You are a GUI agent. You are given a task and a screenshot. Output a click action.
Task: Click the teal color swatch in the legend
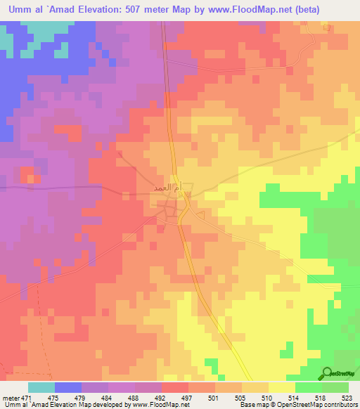pos(41,387)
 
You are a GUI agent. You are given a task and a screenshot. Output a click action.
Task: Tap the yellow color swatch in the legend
pos(281,387)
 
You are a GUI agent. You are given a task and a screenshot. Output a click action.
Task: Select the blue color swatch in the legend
pos(68,387)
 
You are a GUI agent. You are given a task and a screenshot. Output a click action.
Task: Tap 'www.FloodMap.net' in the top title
pos(237,10)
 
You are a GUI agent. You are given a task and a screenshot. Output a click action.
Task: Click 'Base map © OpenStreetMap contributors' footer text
pos(297,404)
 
